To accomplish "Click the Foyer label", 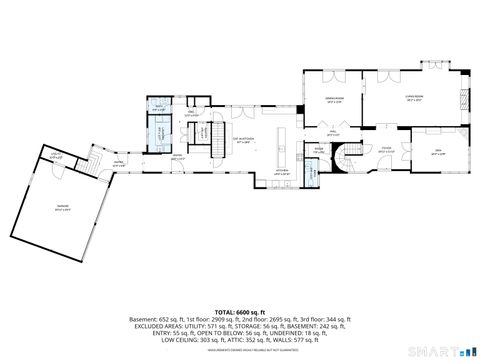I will (384, 151).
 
